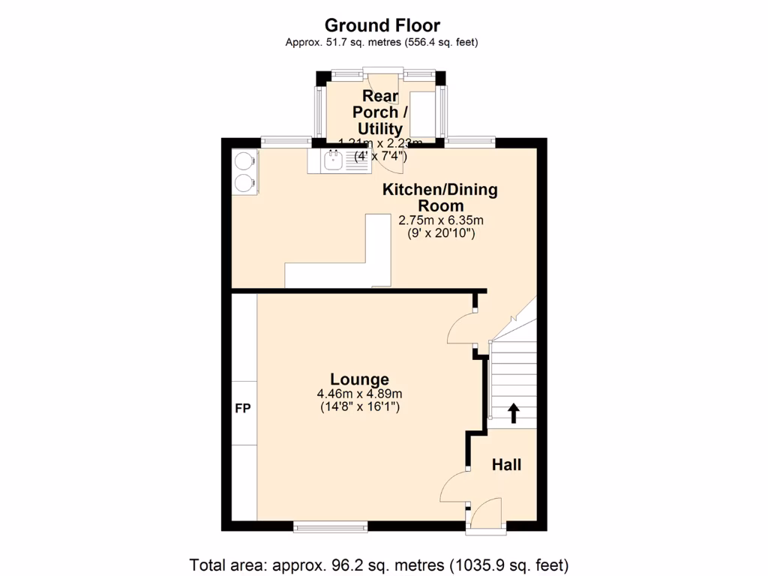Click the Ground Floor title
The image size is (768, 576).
pyautogui.click(x=382, y=26)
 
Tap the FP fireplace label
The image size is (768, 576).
pyautogui.click(x=243, y=409)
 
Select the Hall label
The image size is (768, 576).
pyautogui.click(x=506, y=465)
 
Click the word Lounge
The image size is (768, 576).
pyautogui.click(x=360, y=379)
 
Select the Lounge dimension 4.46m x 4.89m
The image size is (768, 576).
pyautogui.click(x=360, y=394)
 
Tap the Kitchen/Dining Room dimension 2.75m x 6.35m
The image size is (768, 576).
pyautogui.click(x=440, y=220)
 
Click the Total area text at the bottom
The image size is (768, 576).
pyautogui.click(x=379, y=564)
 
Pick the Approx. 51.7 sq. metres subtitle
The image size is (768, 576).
pyautogui.click(x=382, y=43)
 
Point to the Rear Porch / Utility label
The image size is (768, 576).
pyautogui.click(x=381, y=112)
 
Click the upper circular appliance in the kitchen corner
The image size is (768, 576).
pyautogui.click(x=244, y=161)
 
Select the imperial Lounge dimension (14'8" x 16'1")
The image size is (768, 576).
pyautogui.click(x=360, y=407)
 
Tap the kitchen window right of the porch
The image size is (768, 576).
pyautogui.click(x=470, y=140)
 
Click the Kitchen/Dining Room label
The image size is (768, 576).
pyautogui.click(x=440, y=197)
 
